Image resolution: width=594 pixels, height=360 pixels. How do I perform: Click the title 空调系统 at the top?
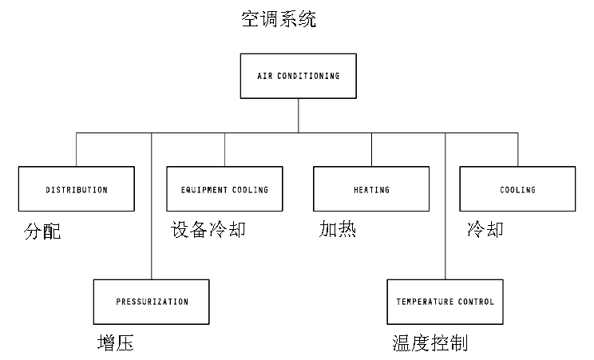click(279, 19)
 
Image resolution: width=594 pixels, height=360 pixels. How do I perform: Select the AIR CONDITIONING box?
click(299, 77)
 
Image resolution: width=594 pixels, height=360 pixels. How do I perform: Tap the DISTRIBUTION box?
click(77, 190)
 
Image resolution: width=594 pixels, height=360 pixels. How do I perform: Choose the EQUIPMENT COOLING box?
click(224, 190)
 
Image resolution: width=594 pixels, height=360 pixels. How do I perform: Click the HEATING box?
click(371, 190)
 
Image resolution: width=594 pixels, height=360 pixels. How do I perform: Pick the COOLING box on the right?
click(517, 190)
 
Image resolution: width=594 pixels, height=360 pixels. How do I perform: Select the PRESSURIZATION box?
click(152, 302)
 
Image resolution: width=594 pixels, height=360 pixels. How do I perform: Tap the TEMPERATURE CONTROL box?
click(445, 302)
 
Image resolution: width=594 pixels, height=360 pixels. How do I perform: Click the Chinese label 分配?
click(42, 232)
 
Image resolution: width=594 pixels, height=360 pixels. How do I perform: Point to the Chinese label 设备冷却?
click(208, 231)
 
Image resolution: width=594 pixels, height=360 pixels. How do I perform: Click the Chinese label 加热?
click(337, 231)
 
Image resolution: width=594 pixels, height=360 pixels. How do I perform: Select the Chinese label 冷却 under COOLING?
click(485, 231)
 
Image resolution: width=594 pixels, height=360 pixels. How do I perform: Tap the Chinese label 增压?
click(115, 344)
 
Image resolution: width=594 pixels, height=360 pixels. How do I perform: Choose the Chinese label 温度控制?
click(430, 344)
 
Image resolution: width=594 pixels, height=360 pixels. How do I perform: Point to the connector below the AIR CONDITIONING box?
click(299, 115)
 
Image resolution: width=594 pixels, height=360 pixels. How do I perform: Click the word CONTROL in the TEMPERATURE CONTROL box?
click(477, 302)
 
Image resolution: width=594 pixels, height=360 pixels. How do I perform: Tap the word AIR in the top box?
click(263, 77)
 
